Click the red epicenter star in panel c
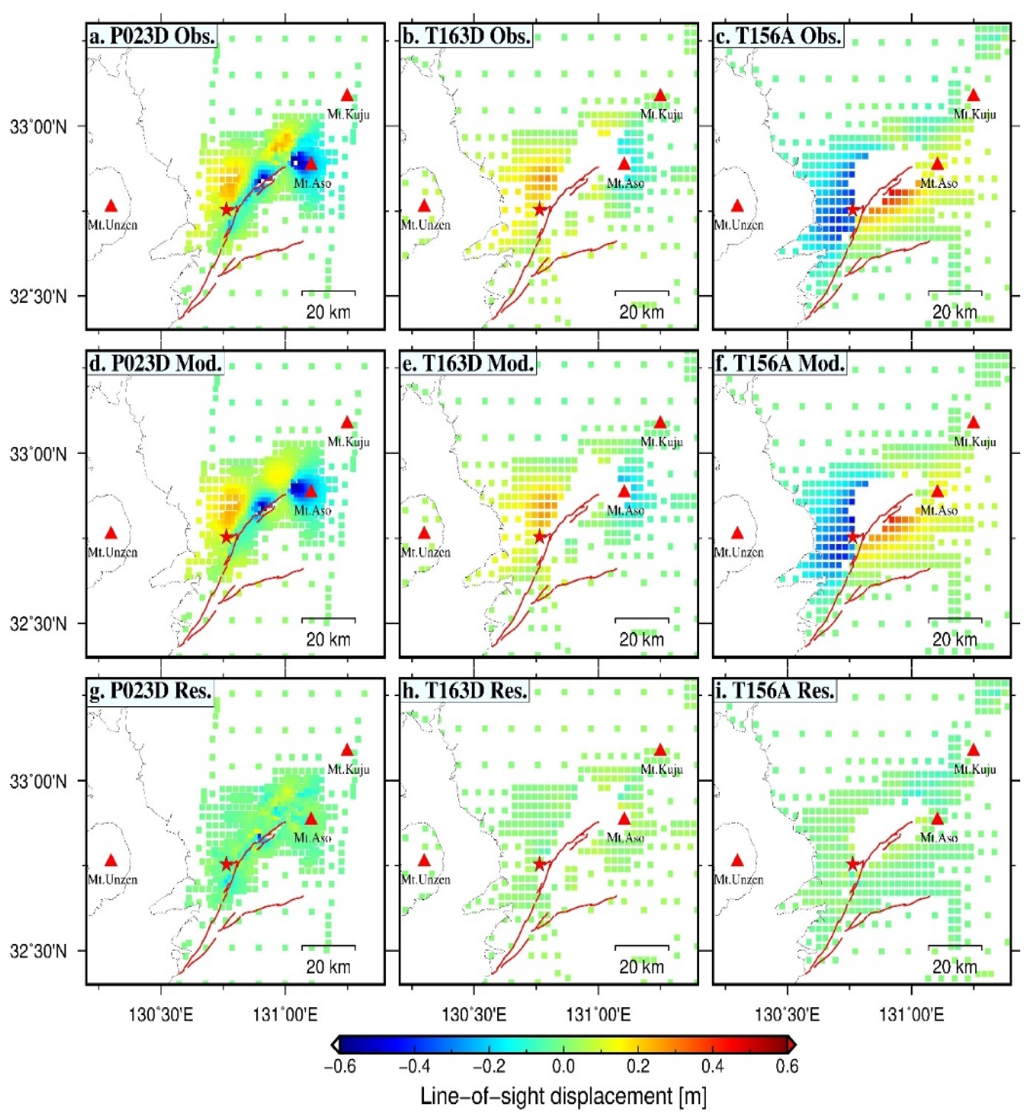point(852,210)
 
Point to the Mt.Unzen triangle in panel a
point(111,206)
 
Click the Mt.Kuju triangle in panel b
point(661,95)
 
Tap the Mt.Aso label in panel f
point(939,510)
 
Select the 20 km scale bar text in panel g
point(328,967)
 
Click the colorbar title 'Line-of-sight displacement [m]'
point(563,1097)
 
